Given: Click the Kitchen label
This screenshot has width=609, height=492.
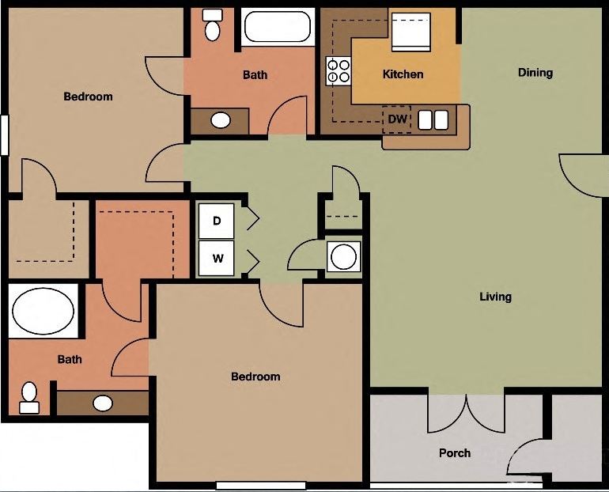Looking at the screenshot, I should click(x=403, y=74).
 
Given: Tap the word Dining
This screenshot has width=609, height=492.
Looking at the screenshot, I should click(x=535, y=73).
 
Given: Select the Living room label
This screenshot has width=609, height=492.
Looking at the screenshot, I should click(x=495, y=297).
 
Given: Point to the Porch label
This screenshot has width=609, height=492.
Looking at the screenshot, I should click(x=454, y=453).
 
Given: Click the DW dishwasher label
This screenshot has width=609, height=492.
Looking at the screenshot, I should click(x=397, y=119).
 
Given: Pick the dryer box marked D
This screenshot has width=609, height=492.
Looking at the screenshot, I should click(x=217, y=221).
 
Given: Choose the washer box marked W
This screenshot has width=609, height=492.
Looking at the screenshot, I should click(x=217, y=258).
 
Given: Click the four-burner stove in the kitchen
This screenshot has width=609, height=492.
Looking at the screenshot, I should click(x=339, y=71).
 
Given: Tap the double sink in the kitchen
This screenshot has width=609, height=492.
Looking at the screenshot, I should click(x=433, y=119).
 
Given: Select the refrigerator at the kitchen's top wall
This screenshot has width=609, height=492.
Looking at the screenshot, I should click(x=411, y=32).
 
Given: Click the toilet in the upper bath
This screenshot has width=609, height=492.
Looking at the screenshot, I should click(x=212, y=26).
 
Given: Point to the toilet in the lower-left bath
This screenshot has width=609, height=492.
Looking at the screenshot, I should click(x=29, y=397).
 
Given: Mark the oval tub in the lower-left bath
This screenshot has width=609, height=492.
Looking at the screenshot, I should click(x=43, y=311).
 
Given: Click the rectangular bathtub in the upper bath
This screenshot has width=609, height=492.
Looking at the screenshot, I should click(x=277, y=27).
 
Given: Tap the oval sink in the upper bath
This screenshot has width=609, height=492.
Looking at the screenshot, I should click(x=221, y=120).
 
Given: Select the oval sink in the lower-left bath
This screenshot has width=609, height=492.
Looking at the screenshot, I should click(x=103, y=403).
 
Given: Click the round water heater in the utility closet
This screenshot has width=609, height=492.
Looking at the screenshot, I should click(x=343, y=257).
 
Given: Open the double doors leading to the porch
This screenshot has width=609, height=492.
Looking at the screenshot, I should click(x=466, y=411).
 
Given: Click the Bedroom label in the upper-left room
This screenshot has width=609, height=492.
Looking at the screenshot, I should click(x=88, y=97).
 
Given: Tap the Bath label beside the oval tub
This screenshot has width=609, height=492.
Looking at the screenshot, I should click(x=70, y=359).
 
